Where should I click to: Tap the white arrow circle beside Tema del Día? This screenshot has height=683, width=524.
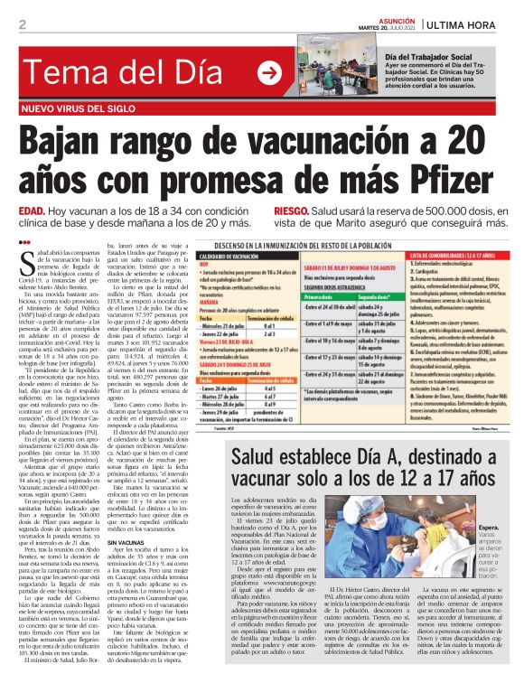coord(269,72)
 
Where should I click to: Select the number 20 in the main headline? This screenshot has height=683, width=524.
coord(468,140)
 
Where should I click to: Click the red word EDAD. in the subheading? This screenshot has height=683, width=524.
coord(32,211)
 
